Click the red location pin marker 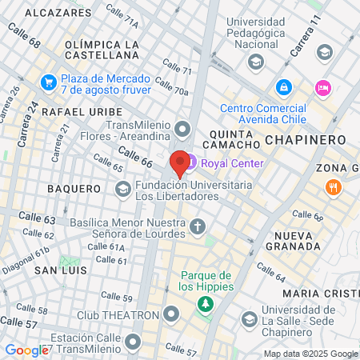(x=180, y=164)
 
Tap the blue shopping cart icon (x=49, y=82)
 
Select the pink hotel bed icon (x=322, y=87)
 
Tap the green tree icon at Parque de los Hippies (x=206, y=304)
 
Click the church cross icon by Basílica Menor (x=198, y=227)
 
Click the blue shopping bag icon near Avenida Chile (x=282, y=86)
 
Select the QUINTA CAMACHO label (x=234, y=139)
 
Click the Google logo (x=26, y=350)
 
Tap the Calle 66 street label (x=134, y=156)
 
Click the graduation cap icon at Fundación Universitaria (x=122, y=190)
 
